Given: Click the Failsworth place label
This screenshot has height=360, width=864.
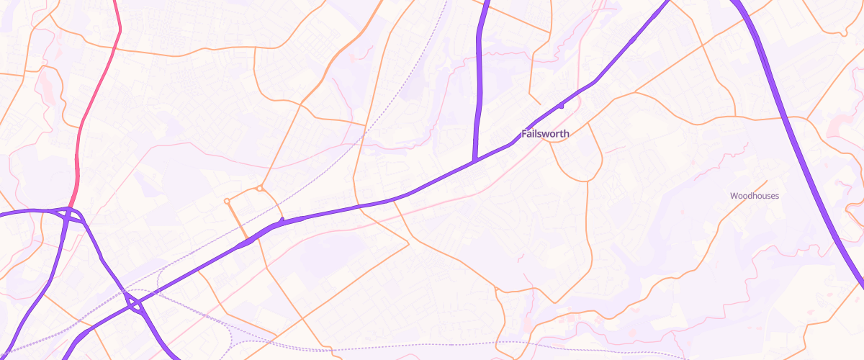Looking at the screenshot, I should click(x=545, y=134).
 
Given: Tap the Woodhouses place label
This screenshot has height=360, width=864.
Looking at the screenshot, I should click(x=755, y=196).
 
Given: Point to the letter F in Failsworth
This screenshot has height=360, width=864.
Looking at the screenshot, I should click(x=524, y=134).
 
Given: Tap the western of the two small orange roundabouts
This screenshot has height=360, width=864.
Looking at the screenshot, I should click(x=227, y=201).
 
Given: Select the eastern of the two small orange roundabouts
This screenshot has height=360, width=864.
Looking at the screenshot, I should click(x=259, y=189).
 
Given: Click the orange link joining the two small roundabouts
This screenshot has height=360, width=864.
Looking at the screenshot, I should click(x=243, y=193).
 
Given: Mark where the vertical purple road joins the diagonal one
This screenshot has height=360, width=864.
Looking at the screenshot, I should click(x=474, y=160).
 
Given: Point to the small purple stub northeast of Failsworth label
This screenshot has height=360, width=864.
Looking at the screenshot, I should click(x=561, y=106).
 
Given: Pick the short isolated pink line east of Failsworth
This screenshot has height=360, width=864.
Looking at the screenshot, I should click(x=614, y=149).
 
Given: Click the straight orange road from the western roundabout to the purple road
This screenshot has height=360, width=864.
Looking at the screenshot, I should click(x=238, y=220).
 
